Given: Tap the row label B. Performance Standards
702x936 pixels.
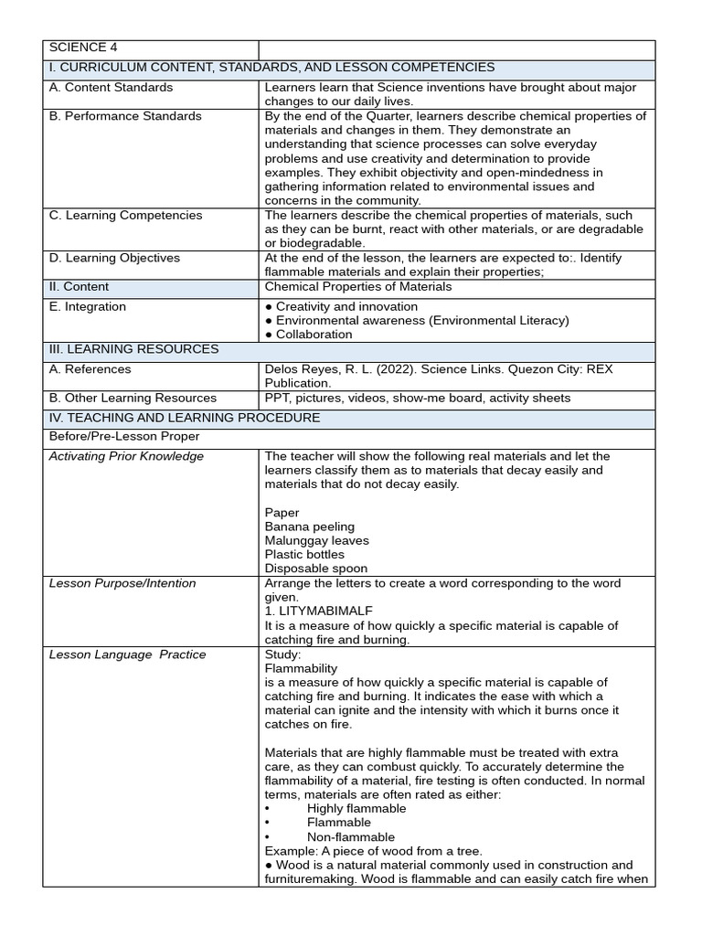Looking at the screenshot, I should coord(125,116).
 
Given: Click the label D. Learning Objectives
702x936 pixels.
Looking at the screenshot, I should coord(114,258).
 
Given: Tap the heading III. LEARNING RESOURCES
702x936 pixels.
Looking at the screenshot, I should coord(133,349).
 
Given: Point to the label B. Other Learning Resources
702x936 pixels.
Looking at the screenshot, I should coord(133,398).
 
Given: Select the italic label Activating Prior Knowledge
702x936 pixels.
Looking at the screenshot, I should coord(126,456).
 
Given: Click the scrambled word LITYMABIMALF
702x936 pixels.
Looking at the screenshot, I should coord(327,611).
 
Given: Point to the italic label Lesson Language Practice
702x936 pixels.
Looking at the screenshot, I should coord(127,654).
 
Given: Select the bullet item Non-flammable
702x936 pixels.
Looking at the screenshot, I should coord(351,837).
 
